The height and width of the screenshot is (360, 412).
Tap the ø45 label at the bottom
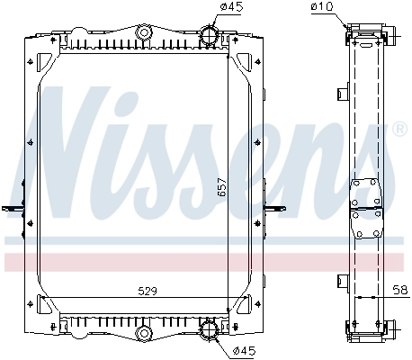[243, 349]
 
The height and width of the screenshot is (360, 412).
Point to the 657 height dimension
[221, 188]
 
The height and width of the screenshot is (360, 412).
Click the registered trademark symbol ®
[399, 129]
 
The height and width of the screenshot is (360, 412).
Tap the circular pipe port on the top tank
[209, 38]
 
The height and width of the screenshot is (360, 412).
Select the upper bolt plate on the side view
[366, 193]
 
